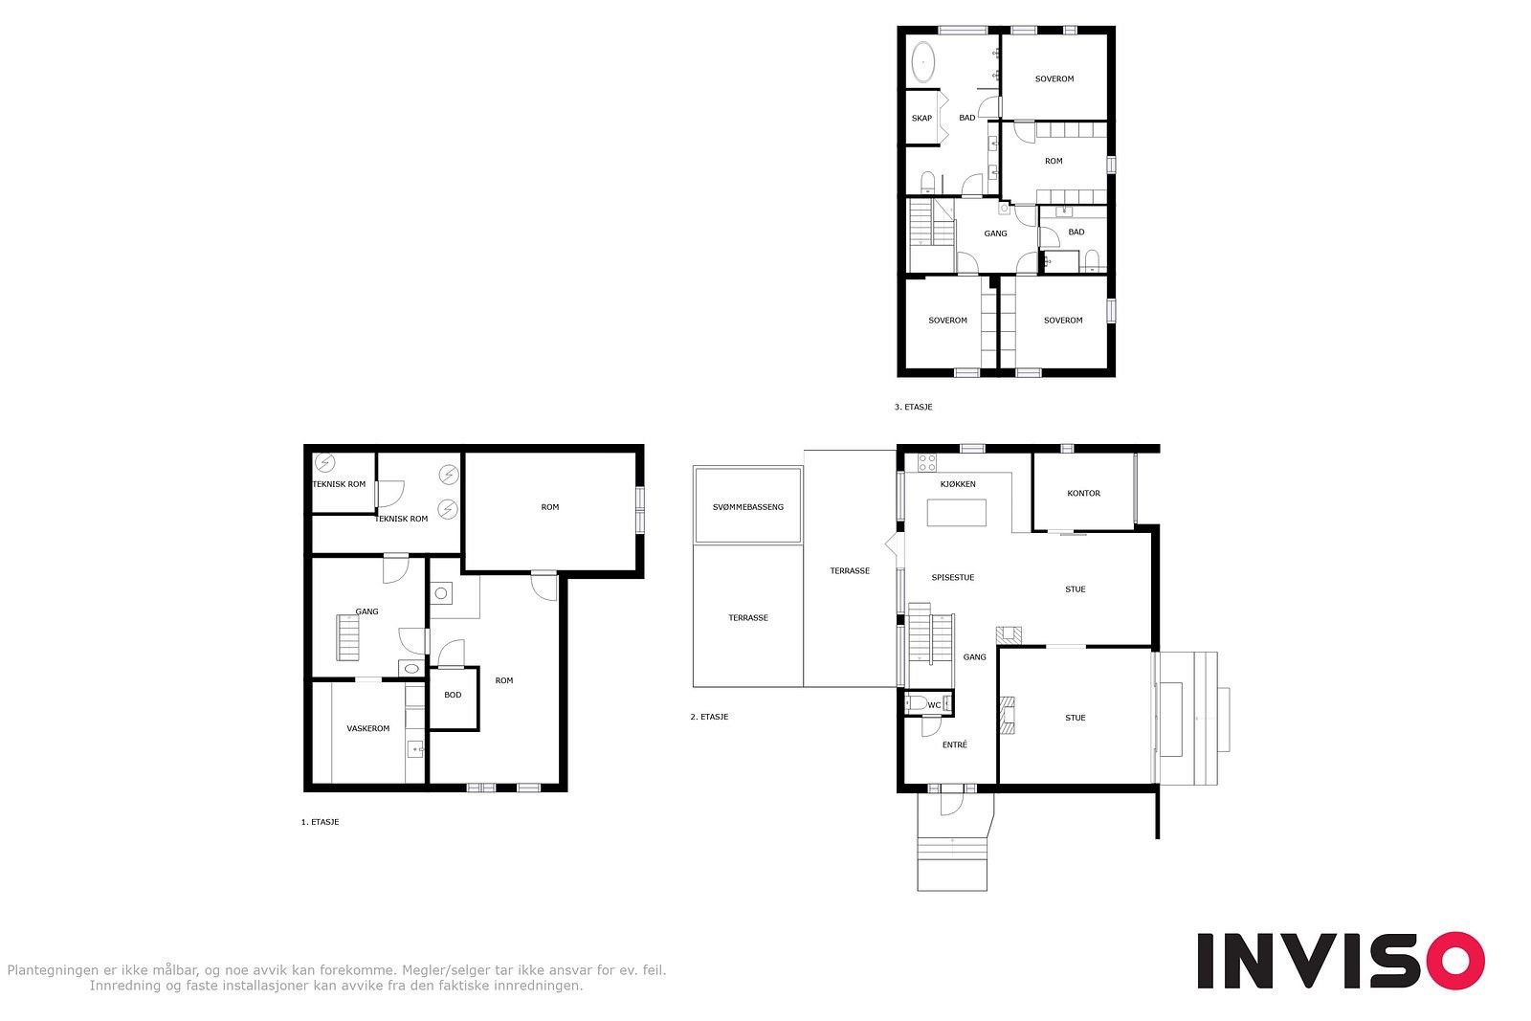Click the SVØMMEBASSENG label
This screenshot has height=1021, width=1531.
pos(747,507)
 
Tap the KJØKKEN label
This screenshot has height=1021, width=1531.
pos(958,484)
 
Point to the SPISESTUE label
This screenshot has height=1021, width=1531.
pos(953,577)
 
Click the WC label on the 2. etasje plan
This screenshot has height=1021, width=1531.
pos(934,704)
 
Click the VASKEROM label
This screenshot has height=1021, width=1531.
pos(367,728)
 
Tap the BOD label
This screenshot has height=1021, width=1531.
pos(453,695)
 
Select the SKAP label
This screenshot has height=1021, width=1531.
pos(921,119)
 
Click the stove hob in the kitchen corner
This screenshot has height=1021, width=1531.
pos(927,462)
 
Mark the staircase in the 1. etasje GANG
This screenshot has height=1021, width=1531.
pos(347,637)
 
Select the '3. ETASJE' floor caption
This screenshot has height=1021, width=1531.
pos(913,408)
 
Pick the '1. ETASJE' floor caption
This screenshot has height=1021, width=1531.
pos(320,822)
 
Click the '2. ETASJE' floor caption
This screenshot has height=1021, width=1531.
pos(709,717)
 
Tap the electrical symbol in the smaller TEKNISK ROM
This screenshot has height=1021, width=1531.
pos(324,463)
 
